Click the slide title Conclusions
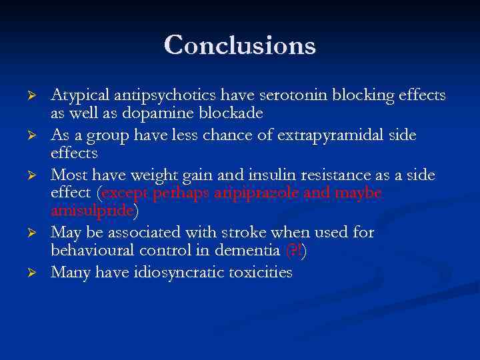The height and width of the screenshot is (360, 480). point(240,45)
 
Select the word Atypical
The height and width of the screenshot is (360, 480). point(79,96)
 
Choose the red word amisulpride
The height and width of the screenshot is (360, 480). point(93,210)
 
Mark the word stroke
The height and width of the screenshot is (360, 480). point(258,233)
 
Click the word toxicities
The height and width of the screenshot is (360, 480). point(261,273)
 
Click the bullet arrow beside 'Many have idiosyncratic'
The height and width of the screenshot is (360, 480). point(38,273)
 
